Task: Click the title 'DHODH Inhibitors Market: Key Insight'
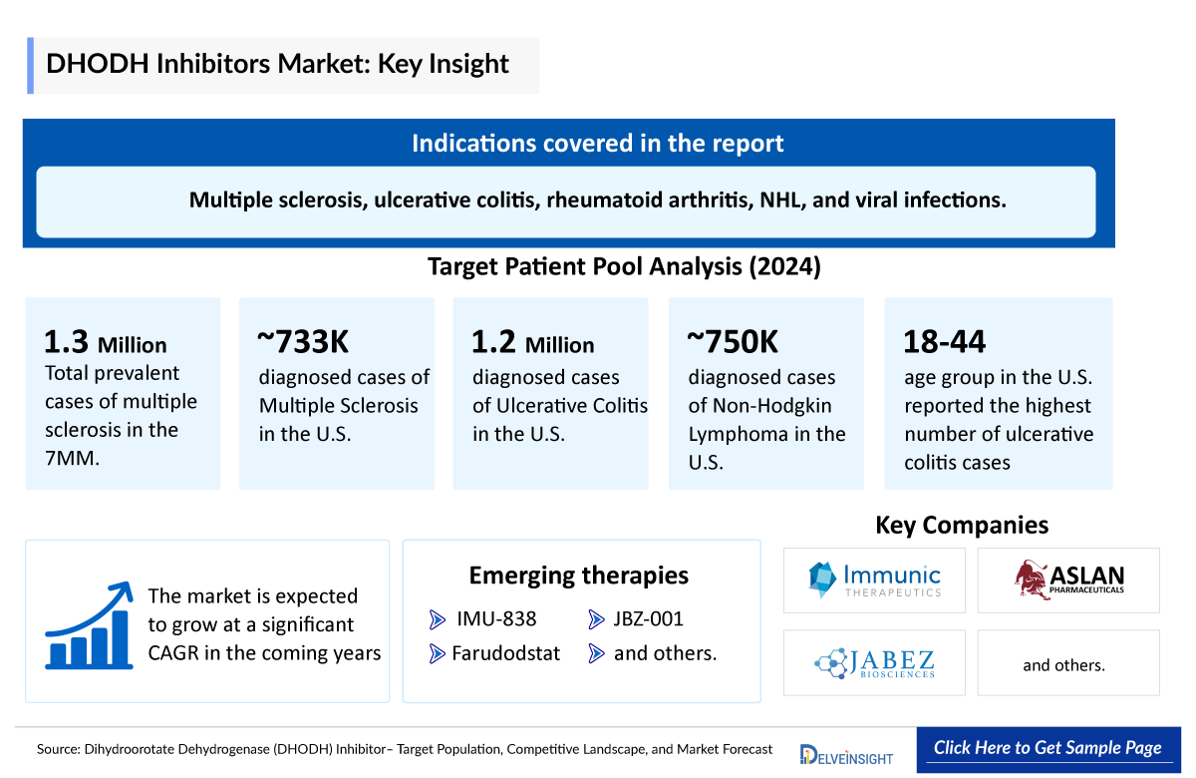coord(278,65)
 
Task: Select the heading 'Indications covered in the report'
coord(597,143)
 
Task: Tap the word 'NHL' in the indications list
coord(780,199)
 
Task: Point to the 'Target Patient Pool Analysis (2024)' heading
coord(624,267)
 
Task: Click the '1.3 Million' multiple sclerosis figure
coord(106,344)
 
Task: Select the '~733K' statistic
coord(303,342)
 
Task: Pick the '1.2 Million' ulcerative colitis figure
coord(532,344)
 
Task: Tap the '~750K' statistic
coord(733,342)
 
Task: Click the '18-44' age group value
coord(944,342)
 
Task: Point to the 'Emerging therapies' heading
coord(578,576)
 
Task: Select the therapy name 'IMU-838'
coord(495,619)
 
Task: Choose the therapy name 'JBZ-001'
coord(648,619)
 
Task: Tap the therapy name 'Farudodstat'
coord(505,654)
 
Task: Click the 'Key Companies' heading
coord(962,525)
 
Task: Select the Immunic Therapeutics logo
coord(874,580)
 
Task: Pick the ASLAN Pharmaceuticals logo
coord(1068,580)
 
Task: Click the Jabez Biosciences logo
coord(874,663)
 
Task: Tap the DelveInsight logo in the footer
coord(846,754)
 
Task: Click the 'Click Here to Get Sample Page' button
coord(1047,748)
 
